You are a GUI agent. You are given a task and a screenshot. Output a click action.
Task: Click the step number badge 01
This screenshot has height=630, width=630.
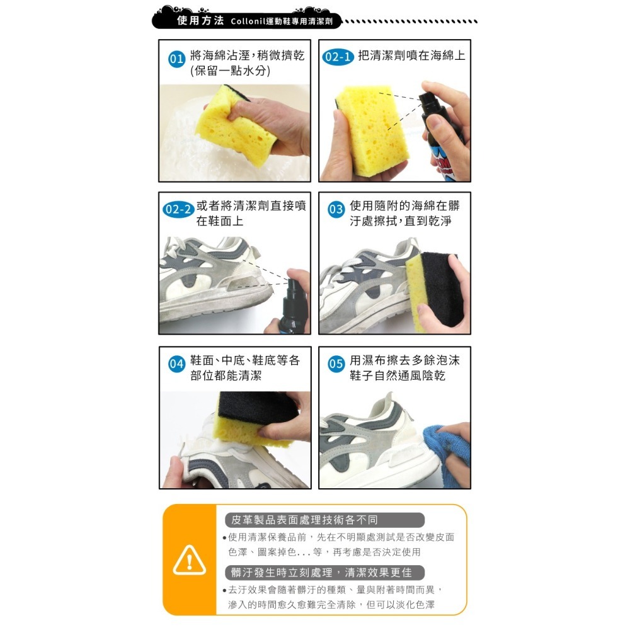176,60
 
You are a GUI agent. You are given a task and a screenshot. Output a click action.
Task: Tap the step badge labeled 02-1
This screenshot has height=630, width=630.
338,57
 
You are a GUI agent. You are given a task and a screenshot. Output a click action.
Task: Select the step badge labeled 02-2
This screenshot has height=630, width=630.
177,210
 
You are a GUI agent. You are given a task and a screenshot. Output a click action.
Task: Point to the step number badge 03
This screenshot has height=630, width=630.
336,210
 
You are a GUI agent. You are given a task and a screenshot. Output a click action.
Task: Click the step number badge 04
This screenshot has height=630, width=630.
176,364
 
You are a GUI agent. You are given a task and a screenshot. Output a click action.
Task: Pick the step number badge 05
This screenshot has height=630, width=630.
336,364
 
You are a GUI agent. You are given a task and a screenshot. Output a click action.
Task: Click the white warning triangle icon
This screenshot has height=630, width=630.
189,558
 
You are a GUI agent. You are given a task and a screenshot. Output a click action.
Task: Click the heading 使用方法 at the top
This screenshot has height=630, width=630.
200,20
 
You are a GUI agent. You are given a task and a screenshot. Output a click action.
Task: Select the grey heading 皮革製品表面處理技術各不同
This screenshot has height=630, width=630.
304,520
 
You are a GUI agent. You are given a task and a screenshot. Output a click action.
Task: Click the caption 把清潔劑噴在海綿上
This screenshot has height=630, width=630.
411,55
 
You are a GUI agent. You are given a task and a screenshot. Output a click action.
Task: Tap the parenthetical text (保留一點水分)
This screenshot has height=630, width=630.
230,71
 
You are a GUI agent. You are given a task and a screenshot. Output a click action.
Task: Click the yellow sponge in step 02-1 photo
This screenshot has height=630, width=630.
372,129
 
